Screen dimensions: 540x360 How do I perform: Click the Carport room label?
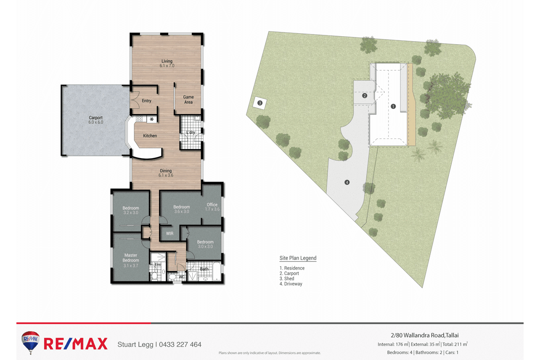click(x=96, y=120)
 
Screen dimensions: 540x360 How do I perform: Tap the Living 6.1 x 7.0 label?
click(x=167, y=64)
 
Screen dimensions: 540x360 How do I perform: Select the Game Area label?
click(x=188, y=100)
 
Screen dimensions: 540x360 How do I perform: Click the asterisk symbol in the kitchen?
click(x=152, y=119)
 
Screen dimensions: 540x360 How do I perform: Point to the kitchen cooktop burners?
click(x=139, y=119)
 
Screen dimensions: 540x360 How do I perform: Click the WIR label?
click(x=170, y=233)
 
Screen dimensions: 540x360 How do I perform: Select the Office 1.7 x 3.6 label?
click(x=212, y=207)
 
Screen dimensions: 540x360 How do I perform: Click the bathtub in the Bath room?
click(x=217, y=271)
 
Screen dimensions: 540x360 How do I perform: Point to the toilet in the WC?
click(x=172, y=277)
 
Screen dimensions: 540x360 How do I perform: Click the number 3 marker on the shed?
click(x=260, y=103)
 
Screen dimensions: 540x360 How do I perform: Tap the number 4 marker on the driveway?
click(x=347, y=182)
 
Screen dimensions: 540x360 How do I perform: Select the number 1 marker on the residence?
click(x=393, y=106)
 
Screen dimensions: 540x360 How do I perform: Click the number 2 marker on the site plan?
click(x=365, y=96)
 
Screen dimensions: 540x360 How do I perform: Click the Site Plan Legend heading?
click(x=298, y=258)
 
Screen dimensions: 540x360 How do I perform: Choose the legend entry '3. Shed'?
click(x=287, y=278)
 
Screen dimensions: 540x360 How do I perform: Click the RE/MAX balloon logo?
click(x=31, y=342)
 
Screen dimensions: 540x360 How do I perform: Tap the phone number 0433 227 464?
click(x=180, y=344)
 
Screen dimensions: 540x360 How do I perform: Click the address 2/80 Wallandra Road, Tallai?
click(x=424, y=335)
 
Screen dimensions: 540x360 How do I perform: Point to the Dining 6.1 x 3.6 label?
click(x=166, y=173)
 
